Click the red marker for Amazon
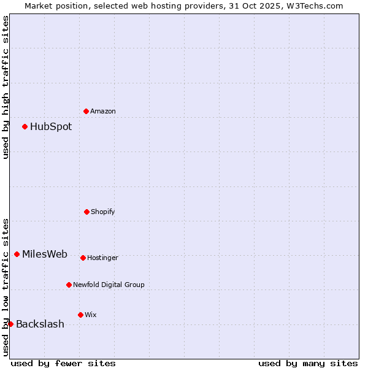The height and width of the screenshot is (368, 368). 86,111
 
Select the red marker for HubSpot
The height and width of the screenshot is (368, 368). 25,127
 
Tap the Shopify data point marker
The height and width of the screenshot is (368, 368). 86,212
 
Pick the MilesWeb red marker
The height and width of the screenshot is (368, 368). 17,255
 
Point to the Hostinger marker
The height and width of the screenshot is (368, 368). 83,258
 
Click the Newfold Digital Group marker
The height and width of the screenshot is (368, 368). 69,285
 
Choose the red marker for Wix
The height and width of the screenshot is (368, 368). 80,315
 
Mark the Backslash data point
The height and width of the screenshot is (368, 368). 10,324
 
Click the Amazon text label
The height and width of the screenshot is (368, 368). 103,111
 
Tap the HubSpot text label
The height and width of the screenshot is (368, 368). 51,127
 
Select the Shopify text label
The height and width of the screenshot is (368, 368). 103,212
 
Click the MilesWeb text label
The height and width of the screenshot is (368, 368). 45,255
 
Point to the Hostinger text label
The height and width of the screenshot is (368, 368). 102,258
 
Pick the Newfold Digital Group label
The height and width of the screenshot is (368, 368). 109,285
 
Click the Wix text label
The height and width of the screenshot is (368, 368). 91,315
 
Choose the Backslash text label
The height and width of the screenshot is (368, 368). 40,324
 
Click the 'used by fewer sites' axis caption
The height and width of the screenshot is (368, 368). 63,363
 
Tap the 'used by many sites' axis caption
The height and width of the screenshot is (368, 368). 308,363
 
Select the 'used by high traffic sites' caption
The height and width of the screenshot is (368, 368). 6,87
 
